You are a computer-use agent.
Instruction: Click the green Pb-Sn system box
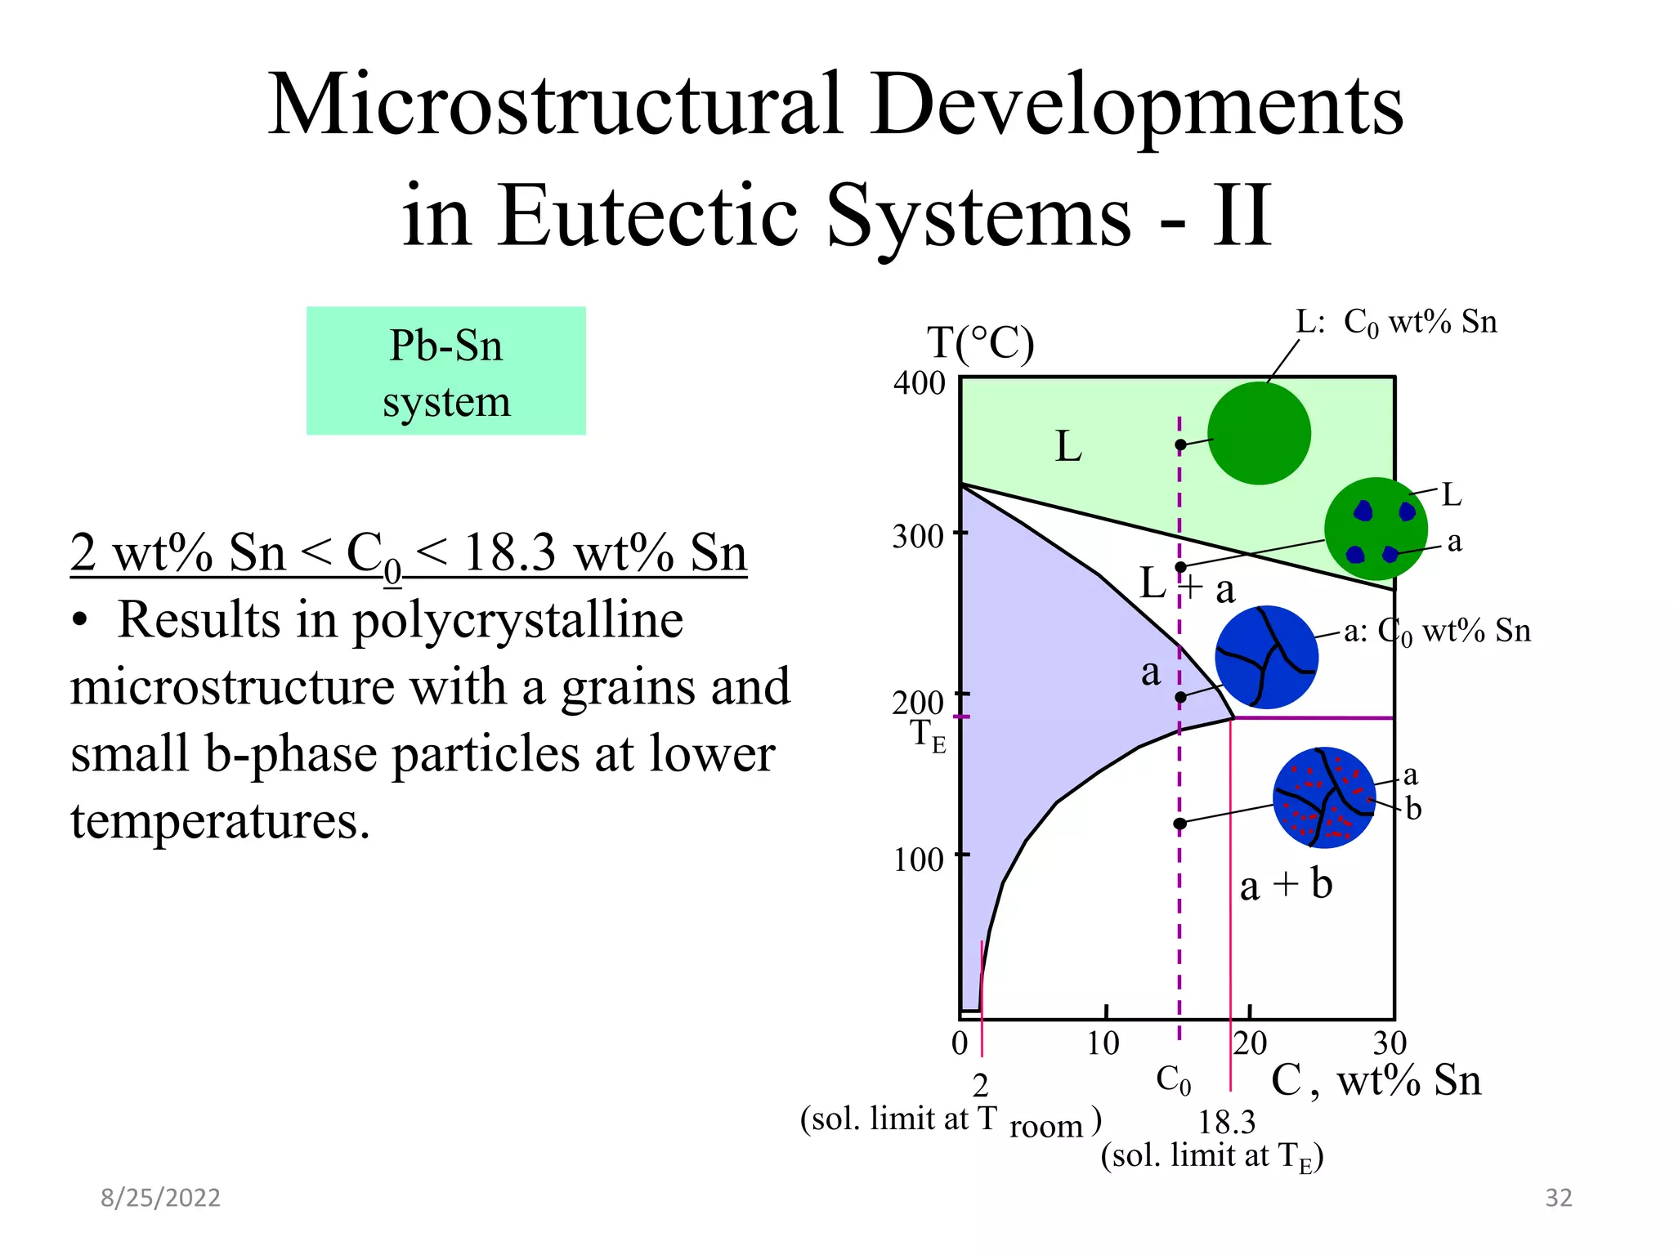(445, 371)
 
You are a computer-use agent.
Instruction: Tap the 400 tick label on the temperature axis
(919, 383)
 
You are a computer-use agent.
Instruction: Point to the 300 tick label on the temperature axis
(917, 537)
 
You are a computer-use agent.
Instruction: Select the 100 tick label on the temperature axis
(918, 860)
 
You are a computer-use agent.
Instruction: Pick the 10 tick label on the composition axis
(1103, 1043)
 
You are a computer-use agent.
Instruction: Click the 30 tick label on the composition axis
(1390, 1043)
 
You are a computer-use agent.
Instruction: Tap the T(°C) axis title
(980, 343)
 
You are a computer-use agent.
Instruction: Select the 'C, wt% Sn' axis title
(1376, 1080)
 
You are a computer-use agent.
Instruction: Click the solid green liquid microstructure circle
(1259, 433)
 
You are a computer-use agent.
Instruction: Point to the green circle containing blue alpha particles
(1376, 529)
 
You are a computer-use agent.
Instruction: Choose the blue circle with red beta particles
(1324, 797)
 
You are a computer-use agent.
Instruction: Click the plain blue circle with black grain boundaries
(1266, 657)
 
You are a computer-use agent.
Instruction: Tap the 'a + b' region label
(1286, 885)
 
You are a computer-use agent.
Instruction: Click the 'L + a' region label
(1187, 585)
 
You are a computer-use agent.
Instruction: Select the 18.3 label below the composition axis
(1226, 1123)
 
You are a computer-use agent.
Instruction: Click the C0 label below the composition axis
(1173, 1080)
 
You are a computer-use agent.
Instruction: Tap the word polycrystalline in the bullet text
(517, 621)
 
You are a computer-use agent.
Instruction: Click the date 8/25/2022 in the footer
(160, 1198)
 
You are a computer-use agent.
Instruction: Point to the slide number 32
(1558, 1198)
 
